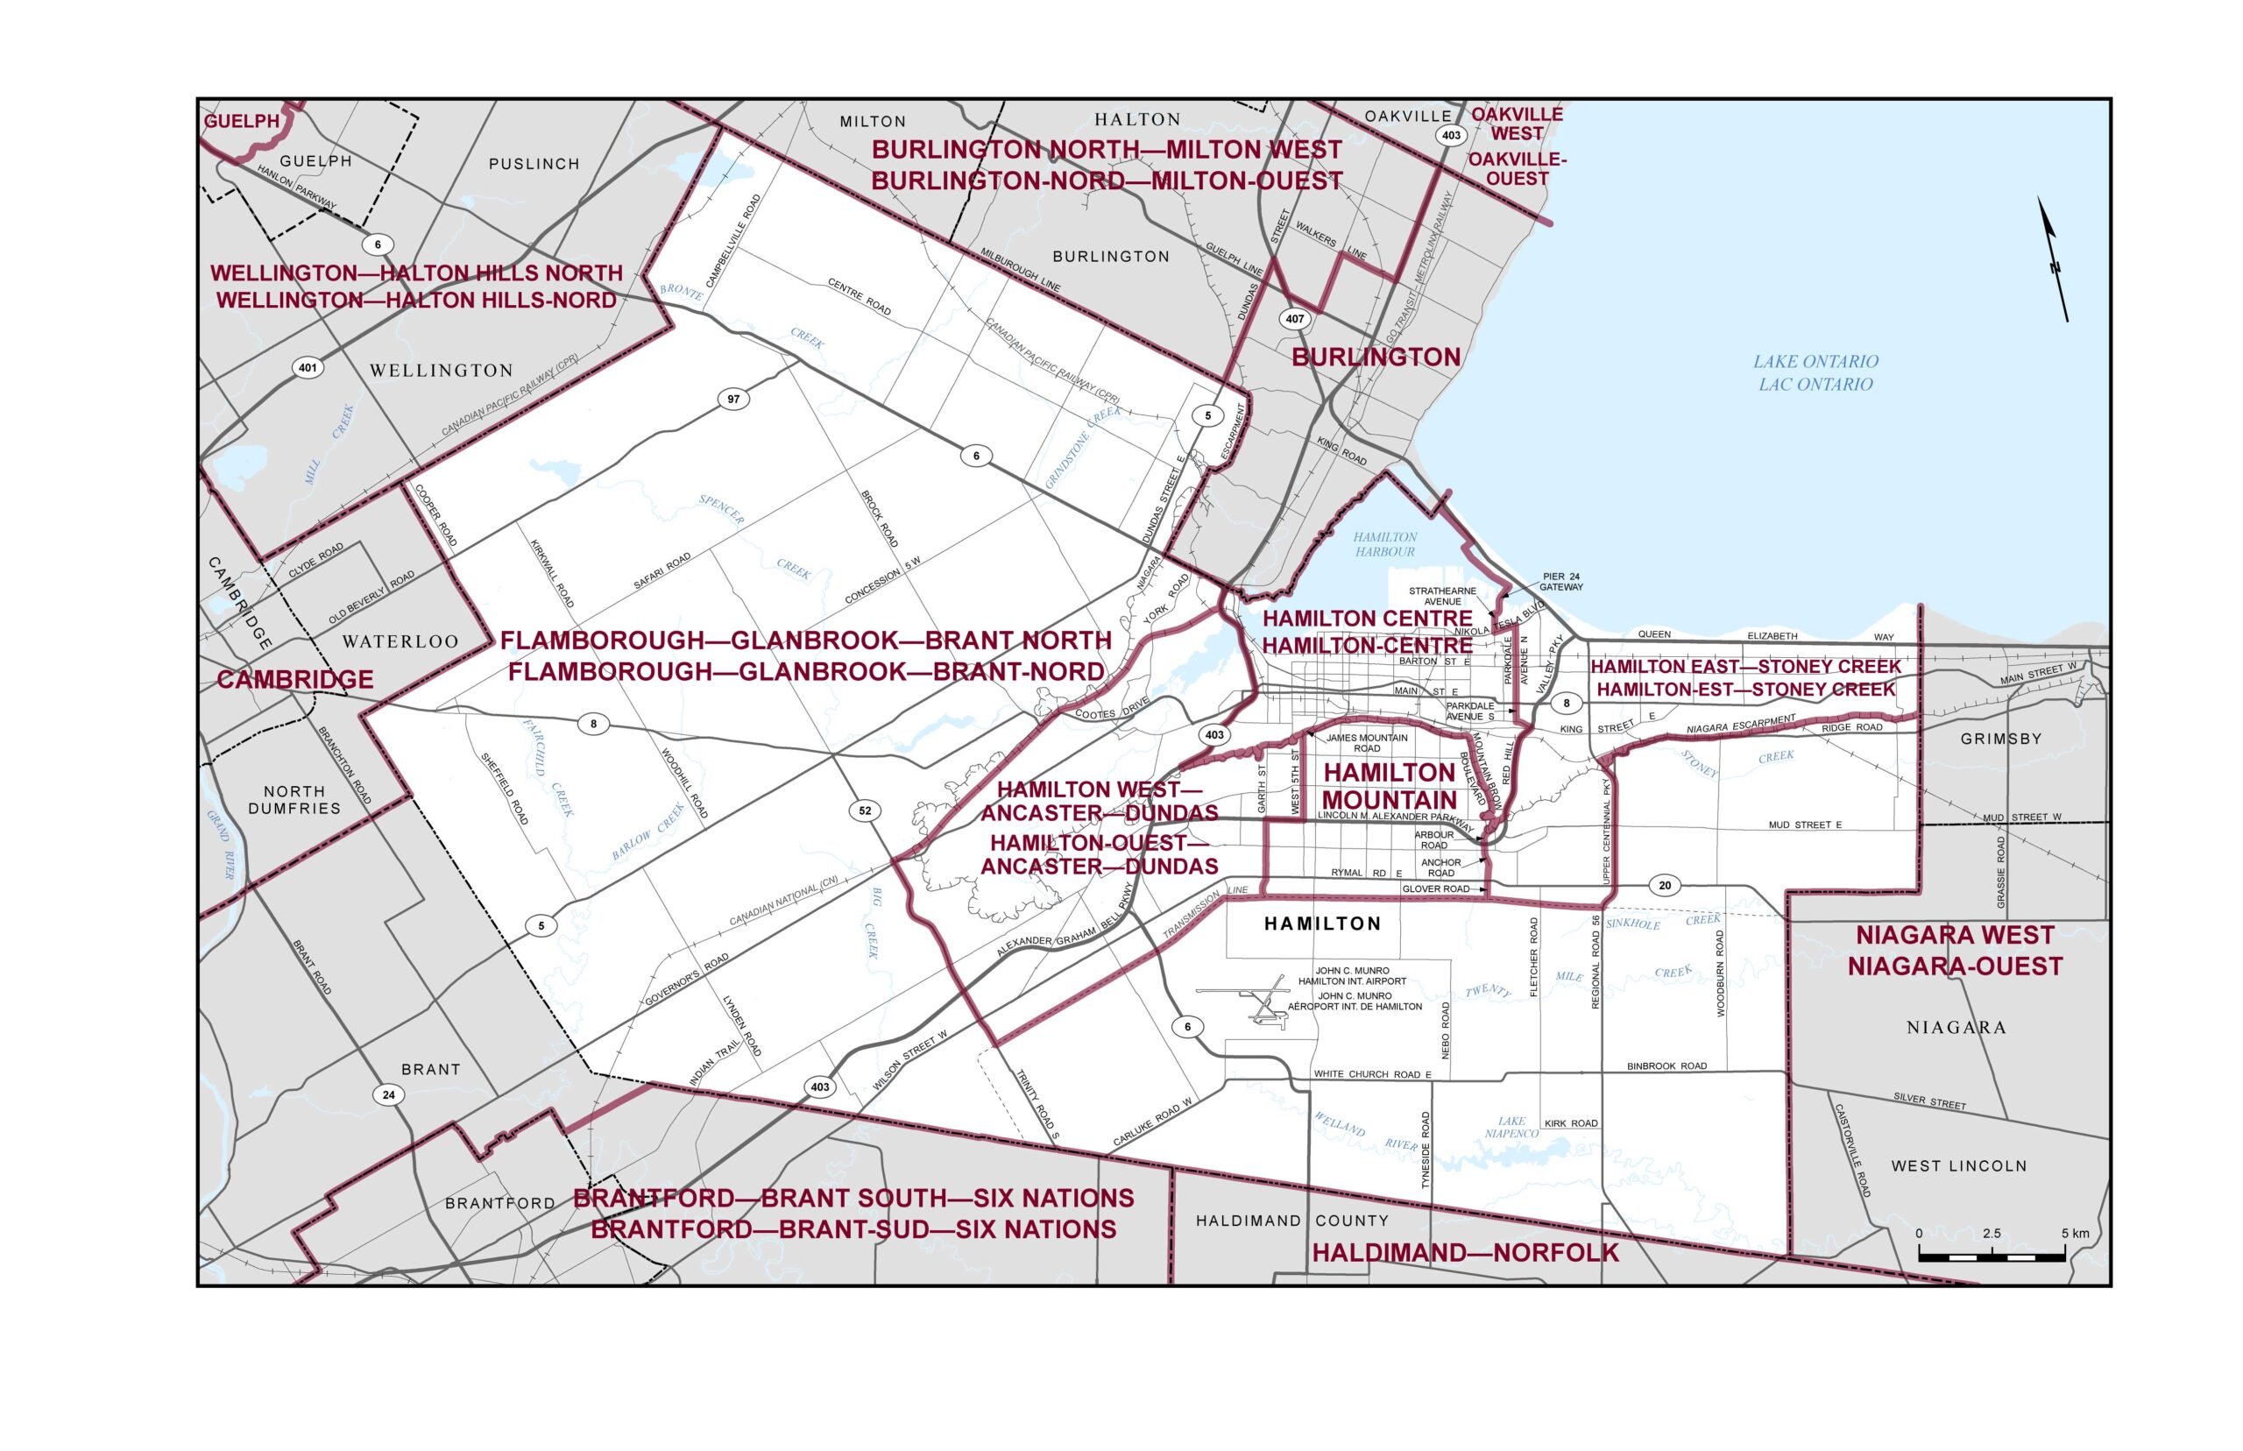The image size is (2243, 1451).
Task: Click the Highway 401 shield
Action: tap(308, 367)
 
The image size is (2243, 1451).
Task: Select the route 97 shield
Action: tap(732, 399)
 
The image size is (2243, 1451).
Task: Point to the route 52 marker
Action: tap(865, 810)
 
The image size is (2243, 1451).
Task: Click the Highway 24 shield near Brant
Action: tap(388, 1095)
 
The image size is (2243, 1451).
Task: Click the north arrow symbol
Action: tap(2054, 259)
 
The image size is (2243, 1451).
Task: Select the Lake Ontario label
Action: tap(1815, 372)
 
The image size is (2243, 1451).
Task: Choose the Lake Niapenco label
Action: tap(1511, 1127)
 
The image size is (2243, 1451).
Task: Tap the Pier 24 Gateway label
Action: tap(1561, 581)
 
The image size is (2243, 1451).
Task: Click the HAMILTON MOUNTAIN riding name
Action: tap(1390, 786)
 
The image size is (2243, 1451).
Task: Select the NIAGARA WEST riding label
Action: tap(1955, 950)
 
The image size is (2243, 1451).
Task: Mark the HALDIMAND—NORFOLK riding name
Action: tap(1465, 1252)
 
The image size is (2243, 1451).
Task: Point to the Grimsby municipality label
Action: tap(2001, 739)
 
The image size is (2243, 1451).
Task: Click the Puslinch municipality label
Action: tap(534, 164)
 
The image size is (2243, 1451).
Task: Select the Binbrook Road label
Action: tap(1666, 1065)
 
